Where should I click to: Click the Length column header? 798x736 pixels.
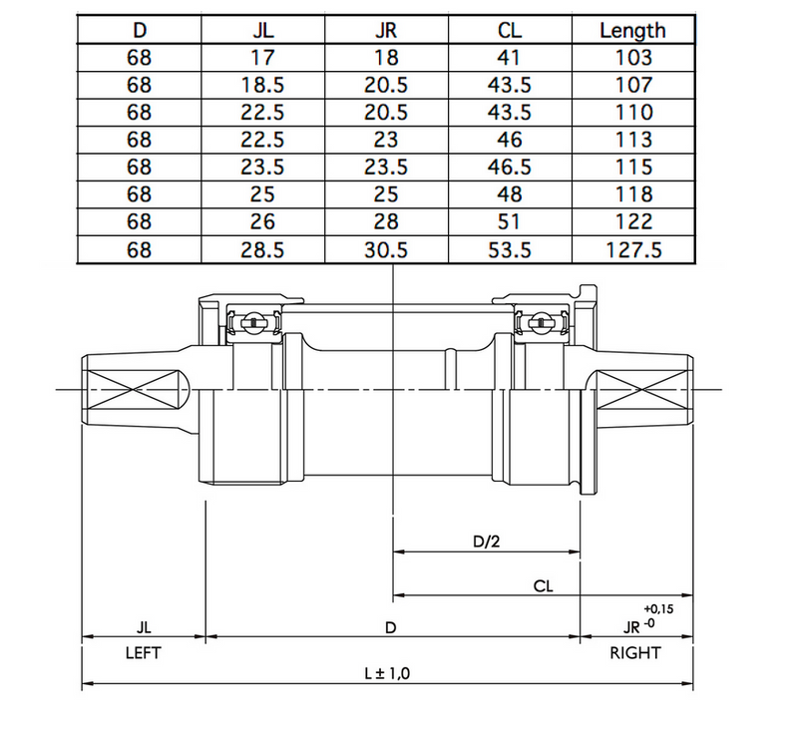point(632,30)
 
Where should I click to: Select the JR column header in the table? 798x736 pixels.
point(385,30)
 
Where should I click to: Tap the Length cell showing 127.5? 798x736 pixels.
point(632,249)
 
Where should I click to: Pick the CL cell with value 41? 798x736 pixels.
point(509,58)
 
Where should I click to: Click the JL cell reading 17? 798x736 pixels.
point(263,58)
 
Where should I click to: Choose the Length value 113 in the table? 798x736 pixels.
point(632,140)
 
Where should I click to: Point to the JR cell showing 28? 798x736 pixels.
point(385,221)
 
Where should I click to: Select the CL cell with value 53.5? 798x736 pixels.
point(509,249)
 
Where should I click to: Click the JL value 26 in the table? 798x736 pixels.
point(263,221)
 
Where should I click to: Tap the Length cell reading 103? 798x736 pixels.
point(632,58)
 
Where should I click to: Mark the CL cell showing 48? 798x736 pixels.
point(509,194)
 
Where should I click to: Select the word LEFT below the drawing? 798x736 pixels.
point(143,654)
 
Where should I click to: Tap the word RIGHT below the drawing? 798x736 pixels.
point(634,654)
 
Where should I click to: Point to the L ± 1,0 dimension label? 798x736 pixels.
point(387,673)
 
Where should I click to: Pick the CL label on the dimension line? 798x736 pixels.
point(544,586)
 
